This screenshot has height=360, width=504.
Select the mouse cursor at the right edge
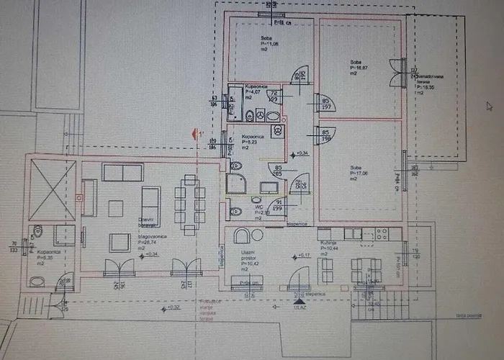[x=489, y=106]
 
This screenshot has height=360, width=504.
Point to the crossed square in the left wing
[x=53, y=189]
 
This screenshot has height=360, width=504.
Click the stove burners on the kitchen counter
[x=382, y=233]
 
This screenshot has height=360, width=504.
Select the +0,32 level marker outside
[x=173, y=307]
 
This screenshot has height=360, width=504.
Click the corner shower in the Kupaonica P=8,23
[x=236, y=183]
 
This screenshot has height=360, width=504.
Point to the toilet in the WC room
[x=235, y=212]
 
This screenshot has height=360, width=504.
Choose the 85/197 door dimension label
[x=326, y=104]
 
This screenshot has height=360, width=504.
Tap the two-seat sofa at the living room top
[x=122, y=172]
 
